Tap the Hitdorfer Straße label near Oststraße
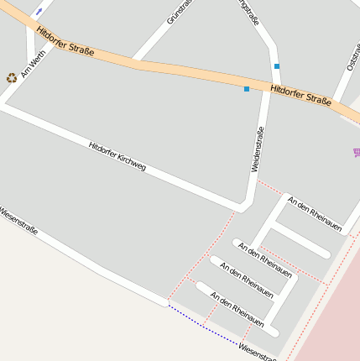(x=301, y=94)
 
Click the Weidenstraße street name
(x=258, y=149)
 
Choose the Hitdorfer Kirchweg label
(x=117, y=156)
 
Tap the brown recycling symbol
(x=12, y=77)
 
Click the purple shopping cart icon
(x=357, y=153)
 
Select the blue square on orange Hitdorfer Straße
(x=247, y=88)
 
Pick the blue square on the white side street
(x=276, y=65)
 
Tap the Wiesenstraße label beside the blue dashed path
(x=256, y=351)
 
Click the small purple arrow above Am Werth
(x=39, y=11)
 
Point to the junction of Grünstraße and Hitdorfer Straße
(x=137, y=60)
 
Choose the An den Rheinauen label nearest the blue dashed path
(x=237, y=309)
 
